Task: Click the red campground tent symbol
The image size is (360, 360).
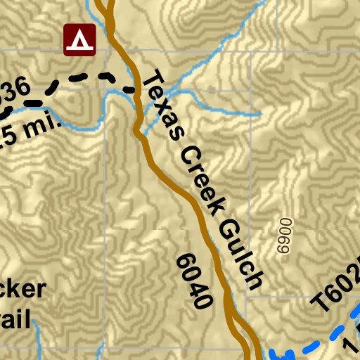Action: click(79, 39)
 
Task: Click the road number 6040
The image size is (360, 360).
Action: click(193, 281)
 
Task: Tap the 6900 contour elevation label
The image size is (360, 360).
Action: click(284, 236)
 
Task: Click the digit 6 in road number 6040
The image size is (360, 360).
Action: click(184, 261)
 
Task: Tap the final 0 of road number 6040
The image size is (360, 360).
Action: click(202, 300)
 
